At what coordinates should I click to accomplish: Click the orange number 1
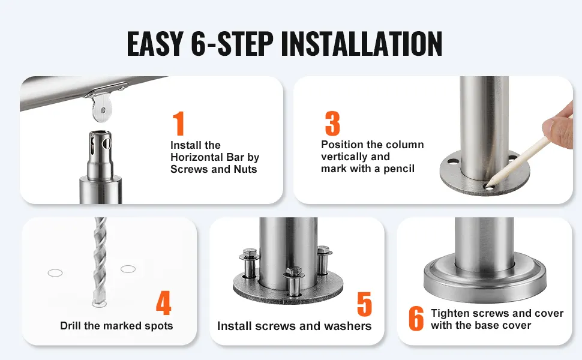(x=179, y=123)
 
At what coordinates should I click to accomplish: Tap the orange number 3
(x=332, y=123)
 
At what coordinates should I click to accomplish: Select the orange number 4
(x=163, y=302)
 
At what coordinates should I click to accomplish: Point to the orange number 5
(x=364, y=304)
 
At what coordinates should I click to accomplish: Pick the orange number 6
(x=416, y=319)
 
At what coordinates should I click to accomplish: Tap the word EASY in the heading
(x=155, y=44)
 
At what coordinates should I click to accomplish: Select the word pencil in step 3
(x=399, y=169)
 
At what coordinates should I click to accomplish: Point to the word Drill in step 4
(x=71, y=326)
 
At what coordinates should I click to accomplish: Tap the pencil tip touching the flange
(x=487, y=185)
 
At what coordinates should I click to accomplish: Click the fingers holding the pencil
(x=559, y=126)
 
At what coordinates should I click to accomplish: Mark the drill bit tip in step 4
(x=98, y=303)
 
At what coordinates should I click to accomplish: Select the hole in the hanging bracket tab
(x=103, y=110)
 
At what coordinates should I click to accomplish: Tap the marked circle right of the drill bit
(x=128, y=269)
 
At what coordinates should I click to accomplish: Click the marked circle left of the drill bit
(x=55, y=273)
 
